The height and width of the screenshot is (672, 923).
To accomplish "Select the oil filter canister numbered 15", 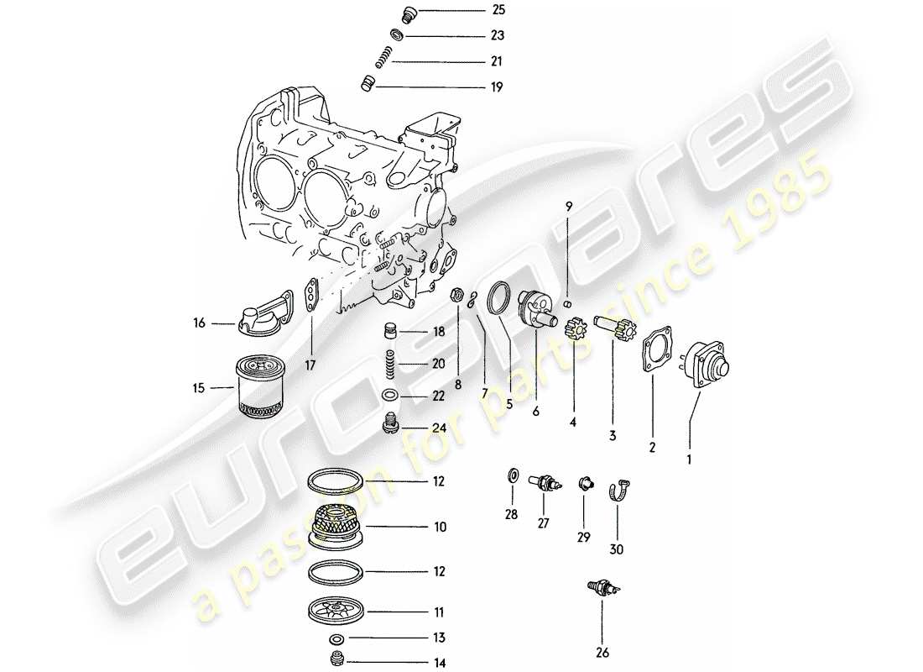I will point(263,387).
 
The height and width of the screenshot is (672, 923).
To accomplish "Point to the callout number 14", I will point(440,663).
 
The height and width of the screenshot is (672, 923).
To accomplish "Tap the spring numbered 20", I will point(388,364).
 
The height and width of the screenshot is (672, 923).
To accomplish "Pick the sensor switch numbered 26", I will point(602,590).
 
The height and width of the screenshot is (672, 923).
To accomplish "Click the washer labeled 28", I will point(512,478).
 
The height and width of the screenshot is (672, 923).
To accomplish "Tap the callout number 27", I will point(544,522).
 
